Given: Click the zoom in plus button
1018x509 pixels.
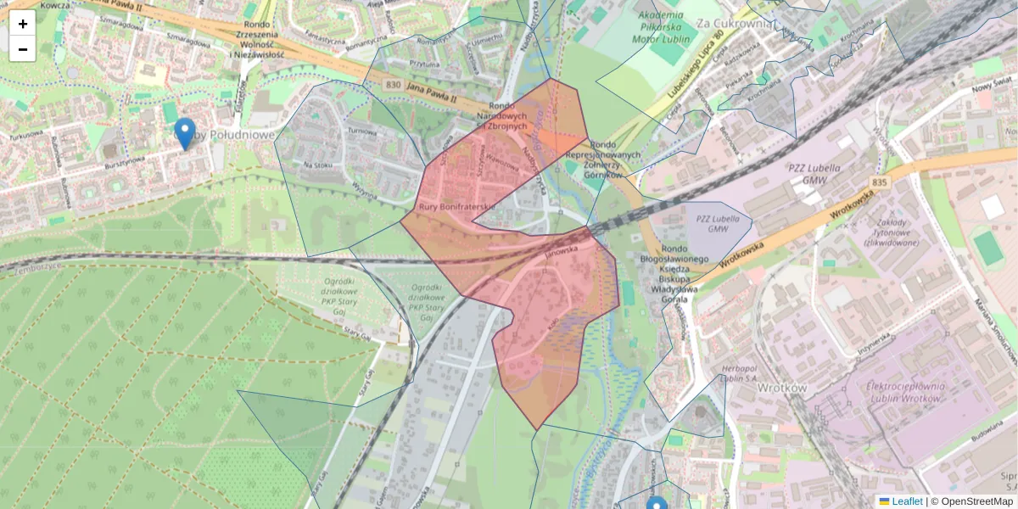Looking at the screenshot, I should tap(23, 24).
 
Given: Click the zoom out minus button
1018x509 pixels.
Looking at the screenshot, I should tap(23, 49).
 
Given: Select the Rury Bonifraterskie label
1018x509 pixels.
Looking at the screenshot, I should tap(456, 207).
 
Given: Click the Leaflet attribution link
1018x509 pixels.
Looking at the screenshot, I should tap(906, 501).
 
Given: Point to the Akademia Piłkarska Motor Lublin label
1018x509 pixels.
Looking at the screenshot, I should tap(658, 26).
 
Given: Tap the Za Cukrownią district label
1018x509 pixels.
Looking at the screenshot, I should tap(733, 24).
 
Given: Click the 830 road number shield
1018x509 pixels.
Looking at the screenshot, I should tap(393, 85).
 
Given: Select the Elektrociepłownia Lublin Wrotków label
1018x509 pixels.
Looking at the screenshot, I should tap(904, 392).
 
